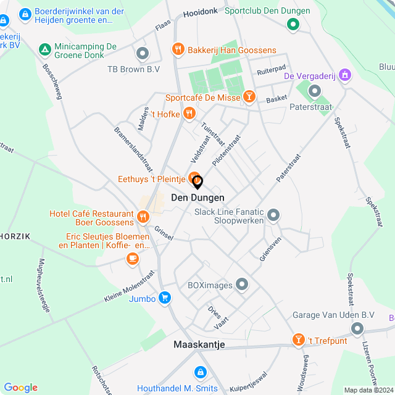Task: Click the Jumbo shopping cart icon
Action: click(x=164, y=298)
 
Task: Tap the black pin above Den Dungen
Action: click(x=197, y=182)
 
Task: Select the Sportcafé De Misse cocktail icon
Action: click(x=249, y=96)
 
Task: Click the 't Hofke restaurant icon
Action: click(x=189, y=113)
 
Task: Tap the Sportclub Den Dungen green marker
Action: click(x=293, y=25)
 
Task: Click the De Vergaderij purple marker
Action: click(x=344, y=75)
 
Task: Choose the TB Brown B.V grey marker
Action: click(x=143, y=54)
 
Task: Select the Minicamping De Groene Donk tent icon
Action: click(x=44, y=49)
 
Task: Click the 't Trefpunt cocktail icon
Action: click(x=298, y=340)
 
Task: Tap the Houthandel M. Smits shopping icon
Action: click(x=200, y=373)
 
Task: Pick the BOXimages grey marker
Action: click(x=242, y=285)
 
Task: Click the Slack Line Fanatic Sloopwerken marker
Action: click(x=273, y=215)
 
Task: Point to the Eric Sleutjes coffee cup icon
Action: click(x=132, y=259)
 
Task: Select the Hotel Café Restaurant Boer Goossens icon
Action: click(x=143, y=217)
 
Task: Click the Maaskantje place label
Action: click(x=199, y=344)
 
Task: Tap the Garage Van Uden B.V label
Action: click(x=333, y=315)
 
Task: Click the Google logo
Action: click(x=20, y=387)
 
